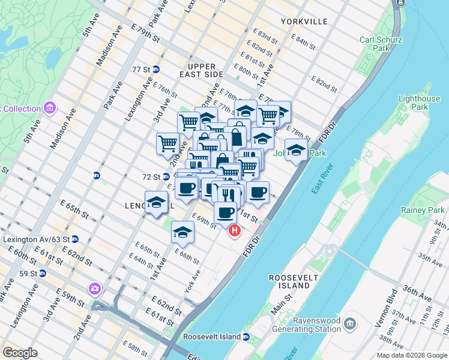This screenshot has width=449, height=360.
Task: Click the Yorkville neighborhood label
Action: [x=304, y=22]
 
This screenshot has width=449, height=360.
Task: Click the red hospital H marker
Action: [x=234, y=229]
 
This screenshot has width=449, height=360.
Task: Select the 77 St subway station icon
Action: [x=156, y=70]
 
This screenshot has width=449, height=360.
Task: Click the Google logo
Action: [x=20, y=353]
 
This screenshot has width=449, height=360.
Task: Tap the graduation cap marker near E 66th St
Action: [x=182, y=232]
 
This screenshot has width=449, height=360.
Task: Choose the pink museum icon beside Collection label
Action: [x=50, y=109]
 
